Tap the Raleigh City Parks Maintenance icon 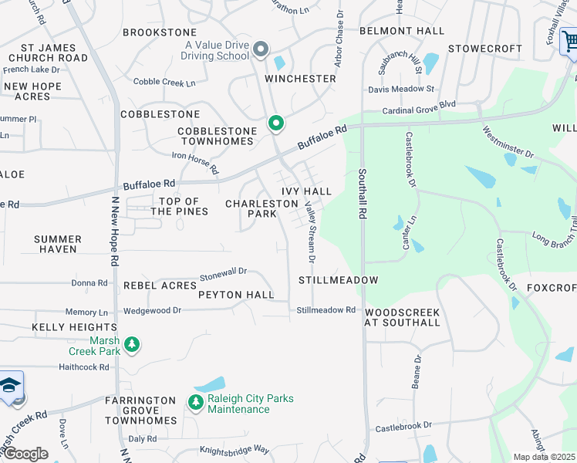click(195, 401)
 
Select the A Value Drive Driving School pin click(261, 50)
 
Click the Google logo click(25, 454)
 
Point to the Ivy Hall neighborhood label click(306, 191)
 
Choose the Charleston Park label click(262, 209)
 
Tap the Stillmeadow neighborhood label click(339, 280)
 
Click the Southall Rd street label click(362, 192)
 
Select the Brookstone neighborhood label click(160, 32)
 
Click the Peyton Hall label click(236, 295)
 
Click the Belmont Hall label click(402, 31)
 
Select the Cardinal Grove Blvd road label click(420, 104)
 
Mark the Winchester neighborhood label click(301, 79)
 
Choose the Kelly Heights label click(63, 328)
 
